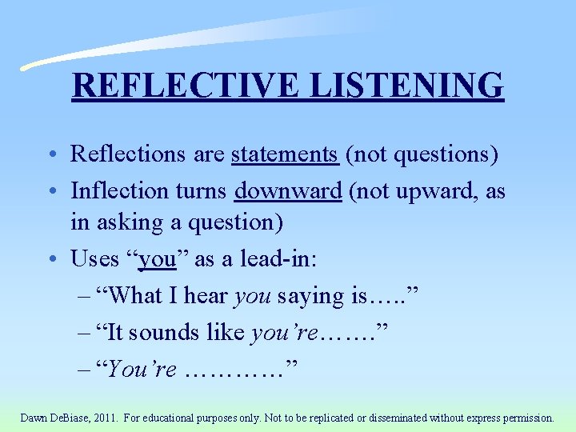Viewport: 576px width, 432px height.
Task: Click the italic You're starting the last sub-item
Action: pos(141,369)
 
